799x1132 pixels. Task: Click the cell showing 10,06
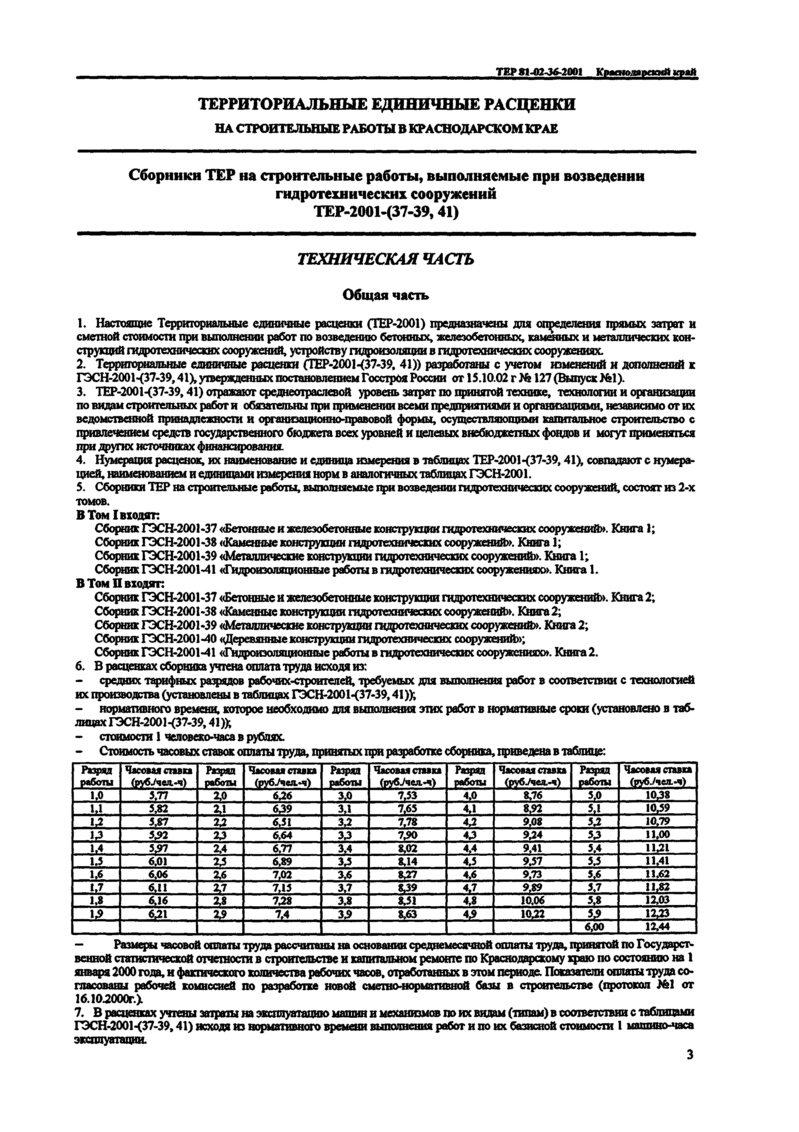[x=532, y=900]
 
